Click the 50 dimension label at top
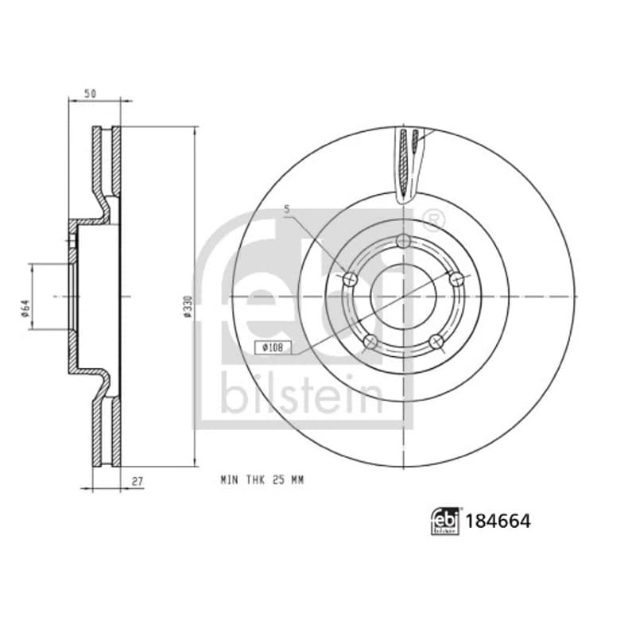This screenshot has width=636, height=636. pyautogui.click(x=90, y=93)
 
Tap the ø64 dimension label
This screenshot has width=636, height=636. pyautogui.click(x=25, y=308)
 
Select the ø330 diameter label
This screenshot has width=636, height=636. pyautogui.click(x=187, y=306)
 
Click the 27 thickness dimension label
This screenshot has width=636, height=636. pyautogui.click(x=138, y=482)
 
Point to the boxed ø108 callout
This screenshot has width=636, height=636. pyautogui.click(x=273, y=347)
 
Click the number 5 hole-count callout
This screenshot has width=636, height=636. pyautogui.click(x=287, y=210)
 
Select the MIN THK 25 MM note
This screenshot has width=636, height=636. pyautogui.click(x=262, y=480)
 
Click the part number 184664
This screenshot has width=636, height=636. pyautogui.click(x=498, y=522)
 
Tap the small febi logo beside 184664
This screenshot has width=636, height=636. pyautogui.click(x=445, y=522)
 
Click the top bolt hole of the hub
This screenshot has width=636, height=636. pyautogui.click(x=403, y=242)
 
